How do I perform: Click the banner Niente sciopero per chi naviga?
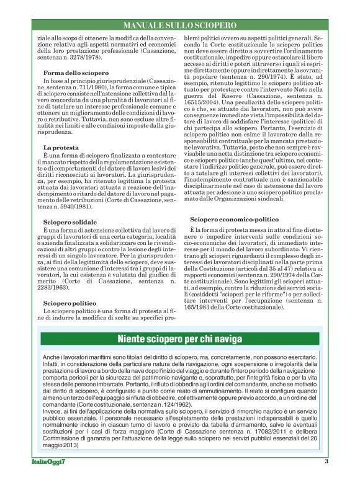pos(180,339)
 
